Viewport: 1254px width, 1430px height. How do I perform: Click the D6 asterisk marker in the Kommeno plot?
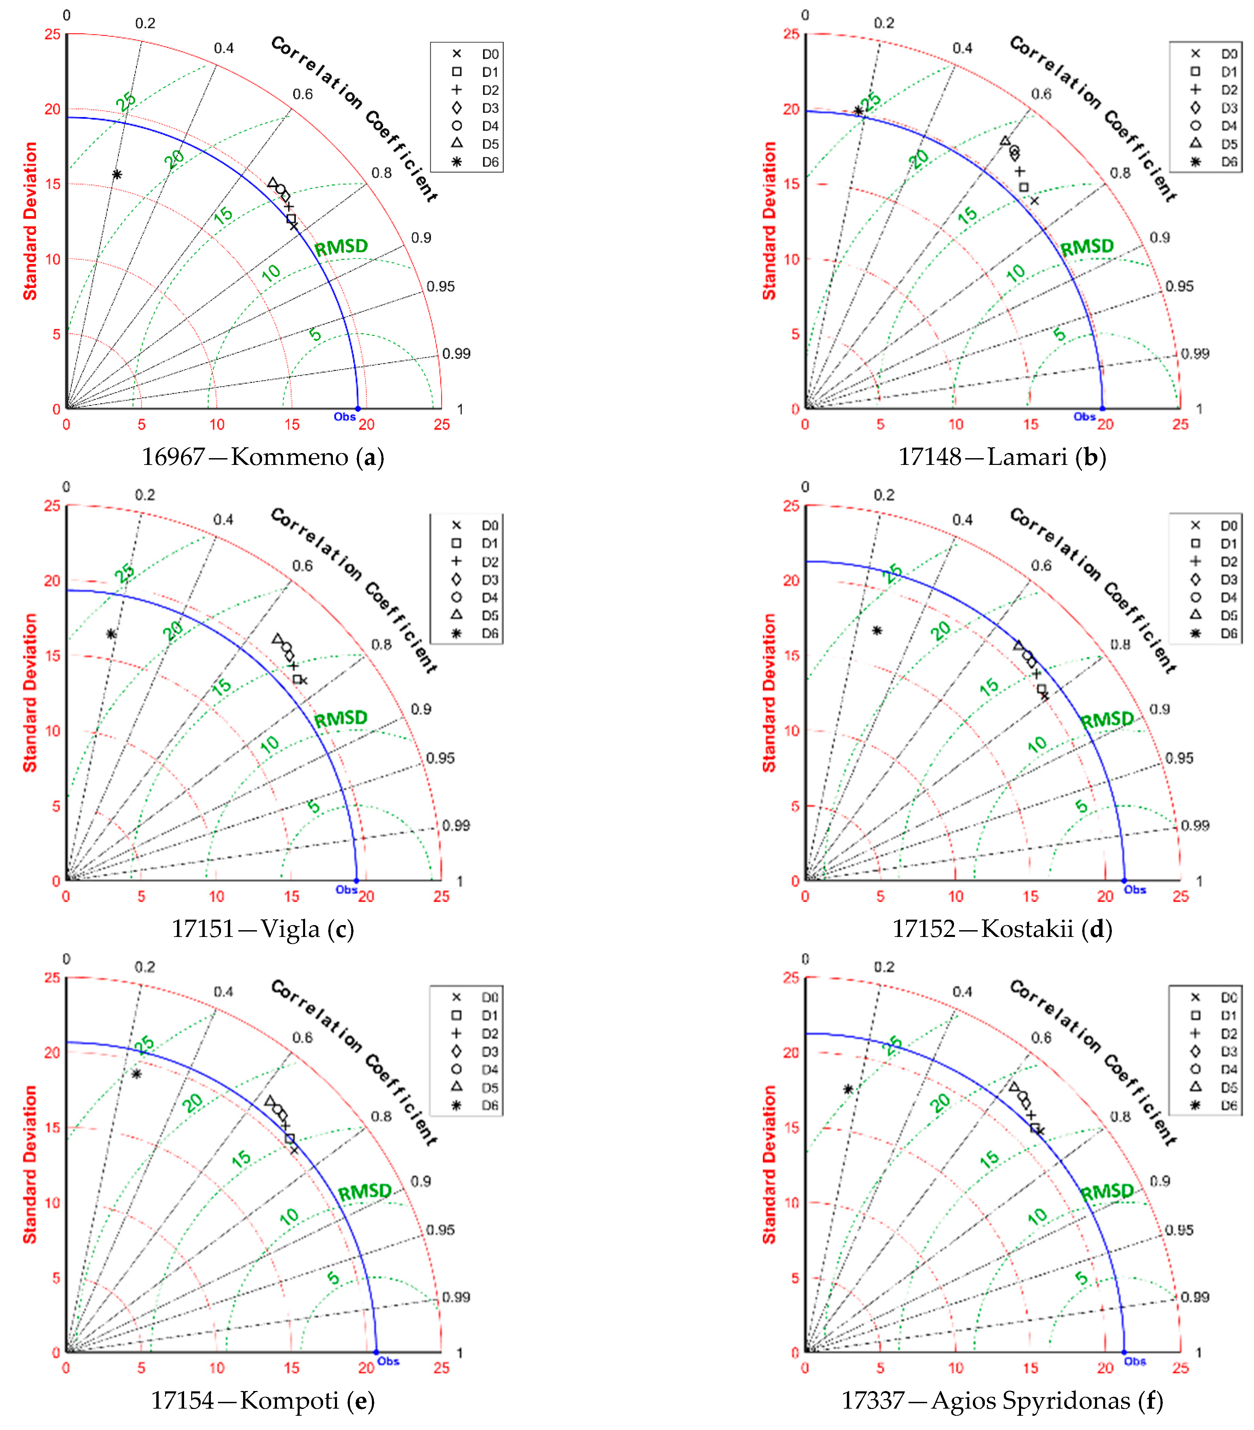tap(117, 174)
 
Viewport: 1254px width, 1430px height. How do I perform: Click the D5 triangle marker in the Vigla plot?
tap(277, 639)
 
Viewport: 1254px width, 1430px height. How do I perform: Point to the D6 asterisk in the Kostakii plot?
tap(877, 630)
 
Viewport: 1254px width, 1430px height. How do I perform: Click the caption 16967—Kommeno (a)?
tap(263, 457)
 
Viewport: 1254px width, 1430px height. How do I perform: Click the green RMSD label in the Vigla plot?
tap(341, 719)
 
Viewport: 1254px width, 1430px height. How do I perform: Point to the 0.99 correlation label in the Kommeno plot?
tap(456, 353)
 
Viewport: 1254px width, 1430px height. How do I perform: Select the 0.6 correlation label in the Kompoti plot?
tap(302, 1038)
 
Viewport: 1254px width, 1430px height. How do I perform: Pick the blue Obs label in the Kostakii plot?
tap(1134, 889)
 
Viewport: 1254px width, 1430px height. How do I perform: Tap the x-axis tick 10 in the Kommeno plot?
tap(217, 424)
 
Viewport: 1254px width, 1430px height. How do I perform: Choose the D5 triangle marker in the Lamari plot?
tap(1005, 141)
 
